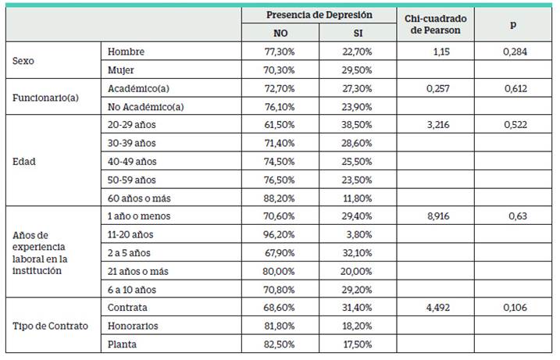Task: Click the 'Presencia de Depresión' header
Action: pos(319,15)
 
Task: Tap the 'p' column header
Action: pos(512,24)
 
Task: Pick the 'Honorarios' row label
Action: pos(133,326)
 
